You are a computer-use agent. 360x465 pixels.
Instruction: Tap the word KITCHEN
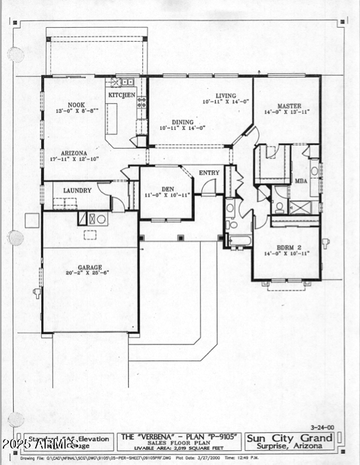coord(121,95)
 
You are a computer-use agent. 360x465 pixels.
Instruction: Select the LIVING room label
coord(225,95)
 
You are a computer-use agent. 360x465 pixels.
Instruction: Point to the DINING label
coord(182,122)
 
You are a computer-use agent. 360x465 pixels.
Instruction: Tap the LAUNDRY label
coord(77,190)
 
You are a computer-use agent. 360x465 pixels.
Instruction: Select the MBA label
coord(301,181)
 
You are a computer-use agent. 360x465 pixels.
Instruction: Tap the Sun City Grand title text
coord(289,437)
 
